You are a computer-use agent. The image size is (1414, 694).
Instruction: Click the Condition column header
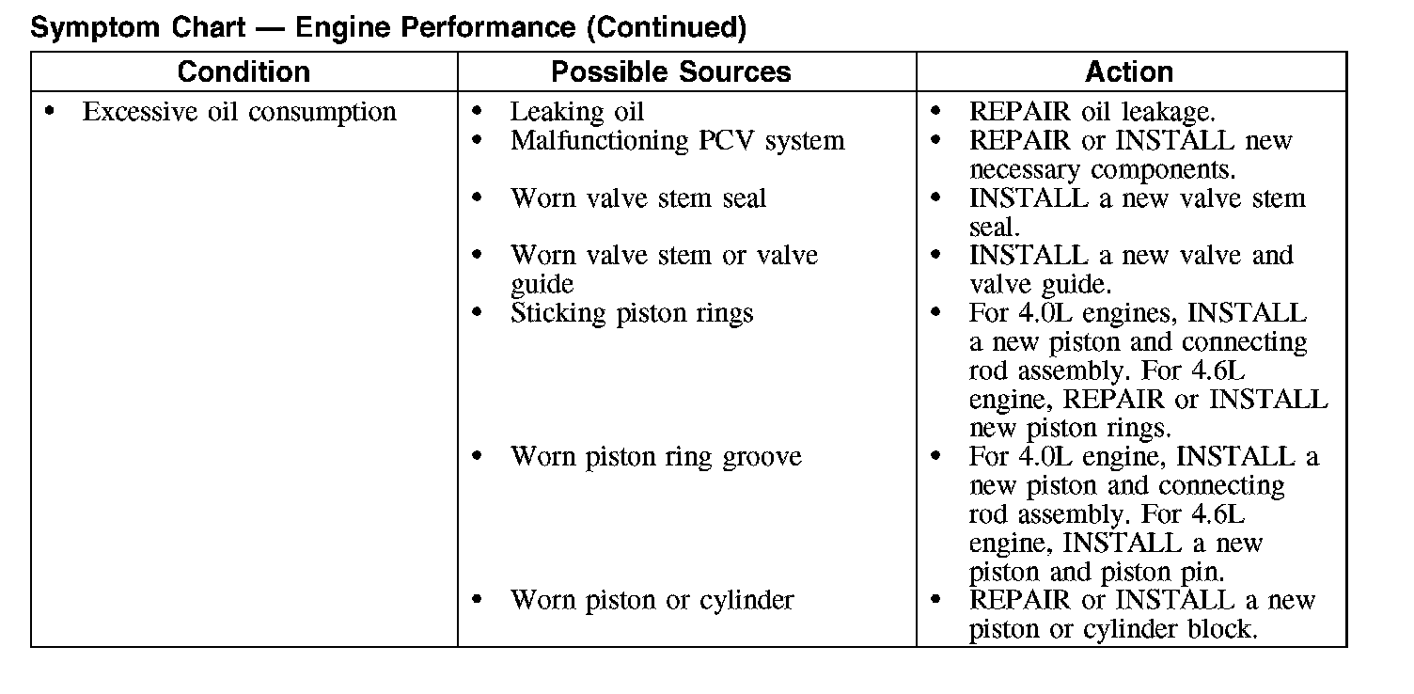[244, 72]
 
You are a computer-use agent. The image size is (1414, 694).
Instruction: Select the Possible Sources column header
[670, 72]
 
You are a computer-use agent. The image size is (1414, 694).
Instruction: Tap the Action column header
[1128, 72]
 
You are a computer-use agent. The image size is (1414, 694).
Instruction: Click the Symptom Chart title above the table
[388, 28]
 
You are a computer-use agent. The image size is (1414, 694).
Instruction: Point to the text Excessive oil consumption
[239, 112]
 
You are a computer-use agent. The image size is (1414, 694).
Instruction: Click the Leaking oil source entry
[576, 112]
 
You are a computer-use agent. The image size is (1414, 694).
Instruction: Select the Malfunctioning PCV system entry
[677, 141]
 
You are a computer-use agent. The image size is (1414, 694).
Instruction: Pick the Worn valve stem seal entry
[637, 198]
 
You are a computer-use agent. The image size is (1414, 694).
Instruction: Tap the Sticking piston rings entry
[631, 313]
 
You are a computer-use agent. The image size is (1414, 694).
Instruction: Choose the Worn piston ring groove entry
[655, 457]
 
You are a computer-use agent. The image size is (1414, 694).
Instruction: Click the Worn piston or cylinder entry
[652, 600]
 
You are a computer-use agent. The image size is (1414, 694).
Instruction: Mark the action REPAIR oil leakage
[1092, 112]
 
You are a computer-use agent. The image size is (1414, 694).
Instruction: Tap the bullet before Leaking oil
[479, 112]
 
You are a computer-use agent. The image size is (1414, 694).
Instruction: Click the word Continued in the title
[666, 28]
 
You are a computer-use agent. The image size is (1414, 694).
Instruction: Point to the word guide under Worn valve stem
[542, 284]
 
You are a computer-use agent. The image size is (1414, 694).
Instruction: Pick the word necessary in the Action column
[1026, 170]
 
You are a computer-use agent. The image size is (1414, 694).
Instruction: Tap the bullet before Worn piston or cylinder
[479, 600]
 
